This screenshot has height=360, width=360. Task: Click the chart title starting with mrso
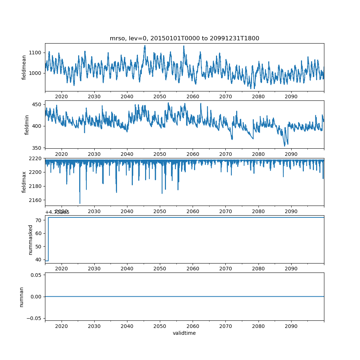[184, 39]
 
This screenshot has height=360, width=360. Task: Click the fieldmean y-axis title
[24, 67]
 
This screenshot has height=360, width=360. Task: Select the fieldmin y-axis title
[27, 125]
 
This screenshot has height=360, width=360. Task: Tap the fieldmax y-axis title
[24, 181]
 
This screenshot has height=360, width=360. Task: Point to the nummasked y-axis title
[31, 239]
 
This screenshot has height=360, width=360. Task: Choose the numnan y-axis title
[22, 297]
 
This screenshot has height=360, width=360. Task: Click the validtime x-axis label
[184, 333]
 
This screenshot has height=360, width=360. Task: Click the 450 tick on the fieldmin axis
[38, 104]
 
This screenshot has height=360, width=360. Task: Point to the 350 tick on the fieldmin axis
[38, 148]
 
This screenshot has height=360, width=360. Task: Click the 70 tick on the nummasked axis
[39, 220]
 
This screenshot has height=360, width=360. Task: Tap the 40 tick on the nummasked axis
[39, 259]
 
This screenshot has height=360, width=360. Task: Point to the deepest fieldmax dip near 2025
[80, 203]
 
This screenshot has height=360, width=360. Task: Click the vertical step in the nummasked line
[48, 239]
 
